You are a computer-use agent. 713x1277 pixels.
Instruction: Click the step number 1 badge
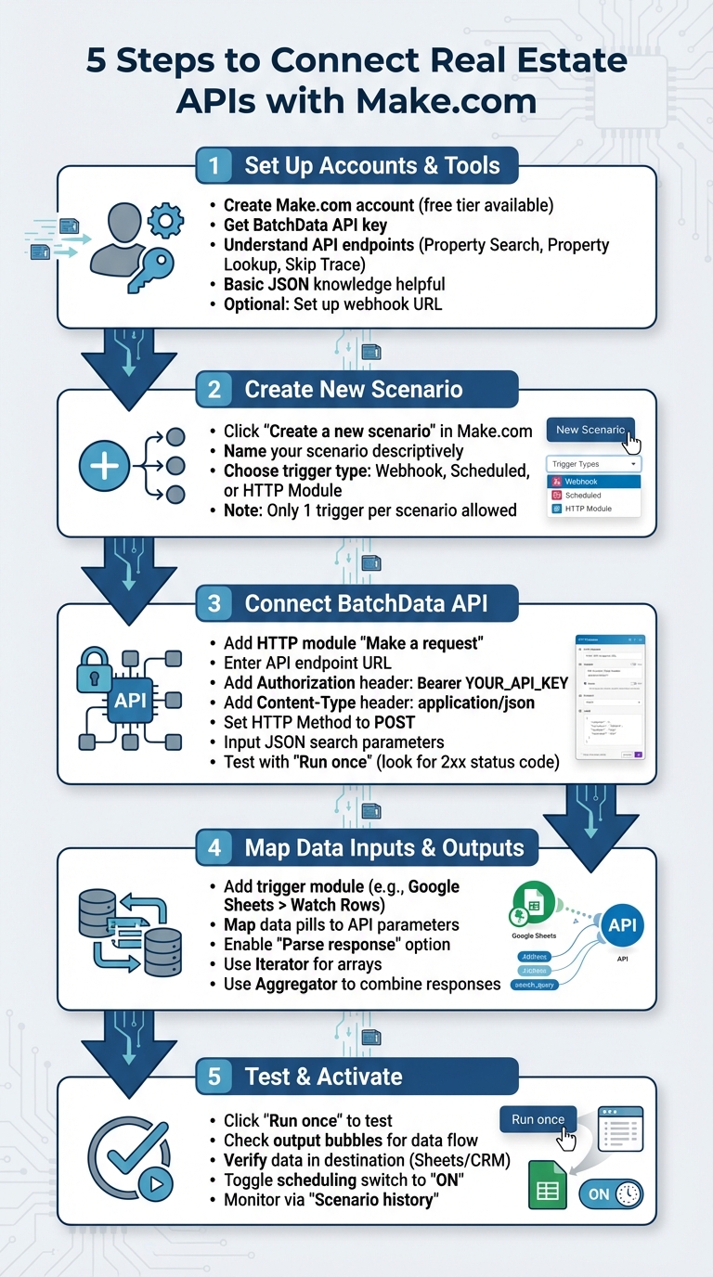tap(214, 166)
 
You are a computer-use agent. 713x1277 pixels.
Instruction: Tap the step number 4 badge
tap(214, 847)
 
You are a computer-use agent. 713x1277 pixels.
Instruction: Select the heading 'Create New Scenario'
tap(353, 389)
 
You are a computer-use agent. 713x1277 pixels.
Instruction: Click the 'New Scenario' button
tap(590, 430)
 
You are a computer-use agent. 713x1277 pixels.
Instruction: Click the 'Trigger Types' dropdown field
tap(594, 464)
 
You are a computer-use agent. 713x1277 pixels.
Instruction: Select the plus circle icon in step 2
tap(104, 465)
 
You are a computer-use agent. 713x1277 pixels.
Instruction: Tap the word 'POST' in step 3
tap(394, 722)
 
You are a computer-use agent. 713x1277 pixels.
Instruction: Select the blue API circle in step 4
tap(621, 925)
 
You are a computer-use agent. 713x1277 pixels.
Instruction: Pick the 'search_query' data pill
tap(535, 985)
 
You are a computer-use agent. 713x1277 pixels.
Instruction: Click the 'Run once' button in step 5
tap(538, 1119)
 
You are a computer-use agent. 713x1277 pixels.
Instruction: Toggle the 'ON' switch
tap(611, 1194)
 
